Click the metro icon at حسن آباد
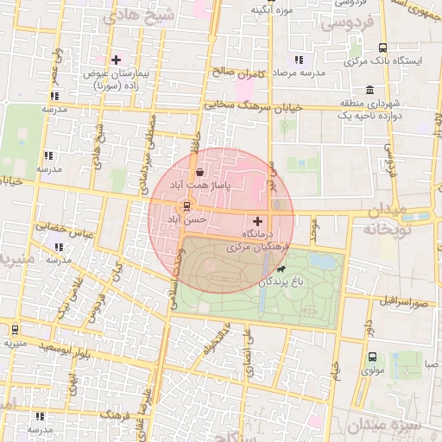(184, 206)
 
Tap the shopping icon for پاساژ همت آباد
(200, 173)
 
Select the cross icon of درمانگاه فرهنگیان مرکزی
(256, 222)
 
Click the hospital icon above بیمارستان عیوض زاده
(116, 60)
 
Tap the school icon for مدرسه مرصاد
(299, 60)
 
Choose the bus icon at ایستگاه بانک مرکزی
(382, 49)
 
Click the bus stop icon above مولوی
(372, 357)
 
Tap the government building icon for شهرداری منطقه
(369, 90)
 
